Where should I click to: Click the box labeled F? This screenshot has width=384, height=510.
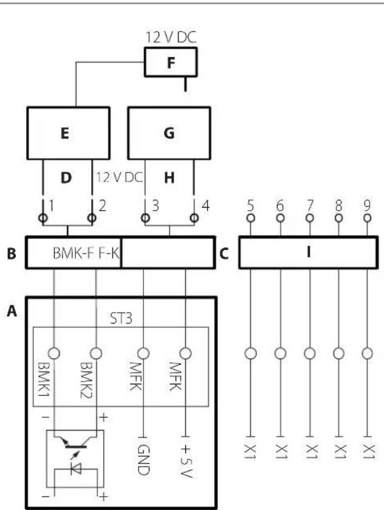click(171, 62)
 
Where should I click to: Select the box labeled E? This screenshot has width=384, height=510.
click(68, 133)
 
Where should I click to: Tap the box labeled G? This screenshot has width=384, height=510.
click(170, 133)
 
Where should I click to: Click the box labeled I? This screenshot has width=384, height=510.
click(309, 253)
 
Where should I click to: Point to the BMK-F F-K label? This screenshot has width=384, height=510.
click(86, 253)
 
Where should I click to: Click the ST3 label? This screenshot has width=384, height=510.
click(121, 318)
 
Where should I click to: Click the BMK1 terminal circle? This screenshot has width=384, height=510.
click(54, 353)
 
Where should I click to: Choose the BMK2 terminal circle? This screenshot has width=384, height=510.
click(96, 353)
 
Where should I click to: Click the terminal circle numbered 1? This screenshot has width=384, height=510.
click(43, 217)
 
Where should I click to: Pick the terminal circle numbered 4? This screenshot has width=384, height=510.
click(194, 217)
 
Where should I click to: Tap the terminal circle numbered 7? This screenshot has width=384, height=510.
click(310, 217)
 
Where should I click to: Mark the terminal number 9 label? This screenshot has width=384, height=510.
click(367, 206)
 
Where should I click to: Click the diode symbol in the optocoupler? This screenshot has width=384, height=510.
click(76, 468)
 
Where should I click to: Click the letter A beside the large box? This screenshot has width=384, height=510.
click(12, 311)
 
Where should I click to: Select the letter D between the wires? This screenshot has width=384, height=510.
click(66, 178)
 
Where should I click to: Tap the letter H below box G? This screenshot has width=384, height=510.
click(170, 178)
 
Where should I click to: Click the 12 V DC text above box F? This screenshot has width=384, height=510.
click(171, 37)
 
